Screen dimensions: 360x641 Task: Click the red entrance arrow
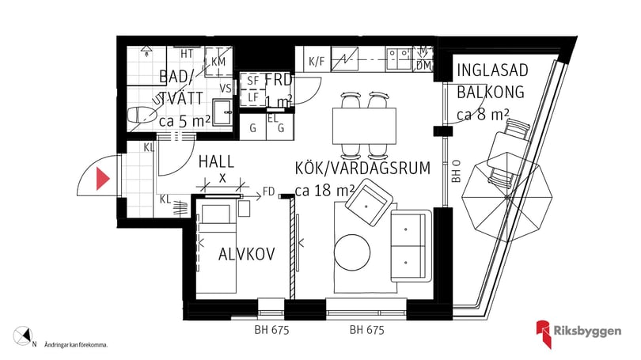tap(101, 180)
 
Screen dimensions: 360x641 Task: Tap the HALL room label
tap(216, 161)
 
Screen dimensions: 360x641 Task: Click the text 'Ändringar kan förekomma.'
tap(76, 345)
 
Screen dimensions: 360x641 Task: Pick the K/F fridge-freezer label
tap(316, 60)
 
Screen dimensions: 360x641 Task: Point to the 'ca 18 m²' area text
tap(324, 190)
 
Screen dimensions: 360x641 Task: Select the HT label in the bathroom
tap(187, 54)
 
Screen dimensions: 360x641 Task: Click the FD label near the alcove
tap(269, 191)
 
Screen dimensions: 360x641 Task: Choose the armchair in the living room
tap(367, 201)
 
